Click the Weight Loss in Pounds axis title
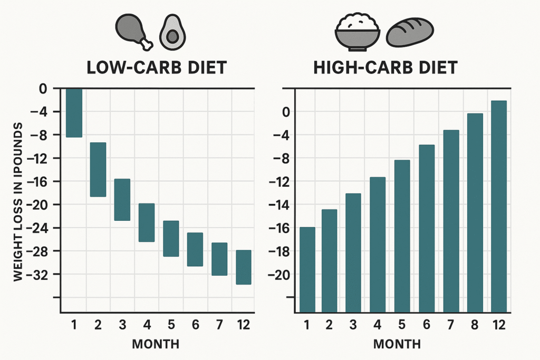[x=18, y=201]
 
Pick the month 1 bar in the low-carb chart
[x=74, y=113]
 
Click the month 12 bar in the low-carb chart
[x=244, y=267]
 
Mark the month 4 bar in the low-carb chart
[x=147, y=222]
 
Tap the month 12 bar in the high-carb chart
[x=498, y=207]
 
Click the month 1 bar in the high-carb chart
[x=307, y=270]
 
